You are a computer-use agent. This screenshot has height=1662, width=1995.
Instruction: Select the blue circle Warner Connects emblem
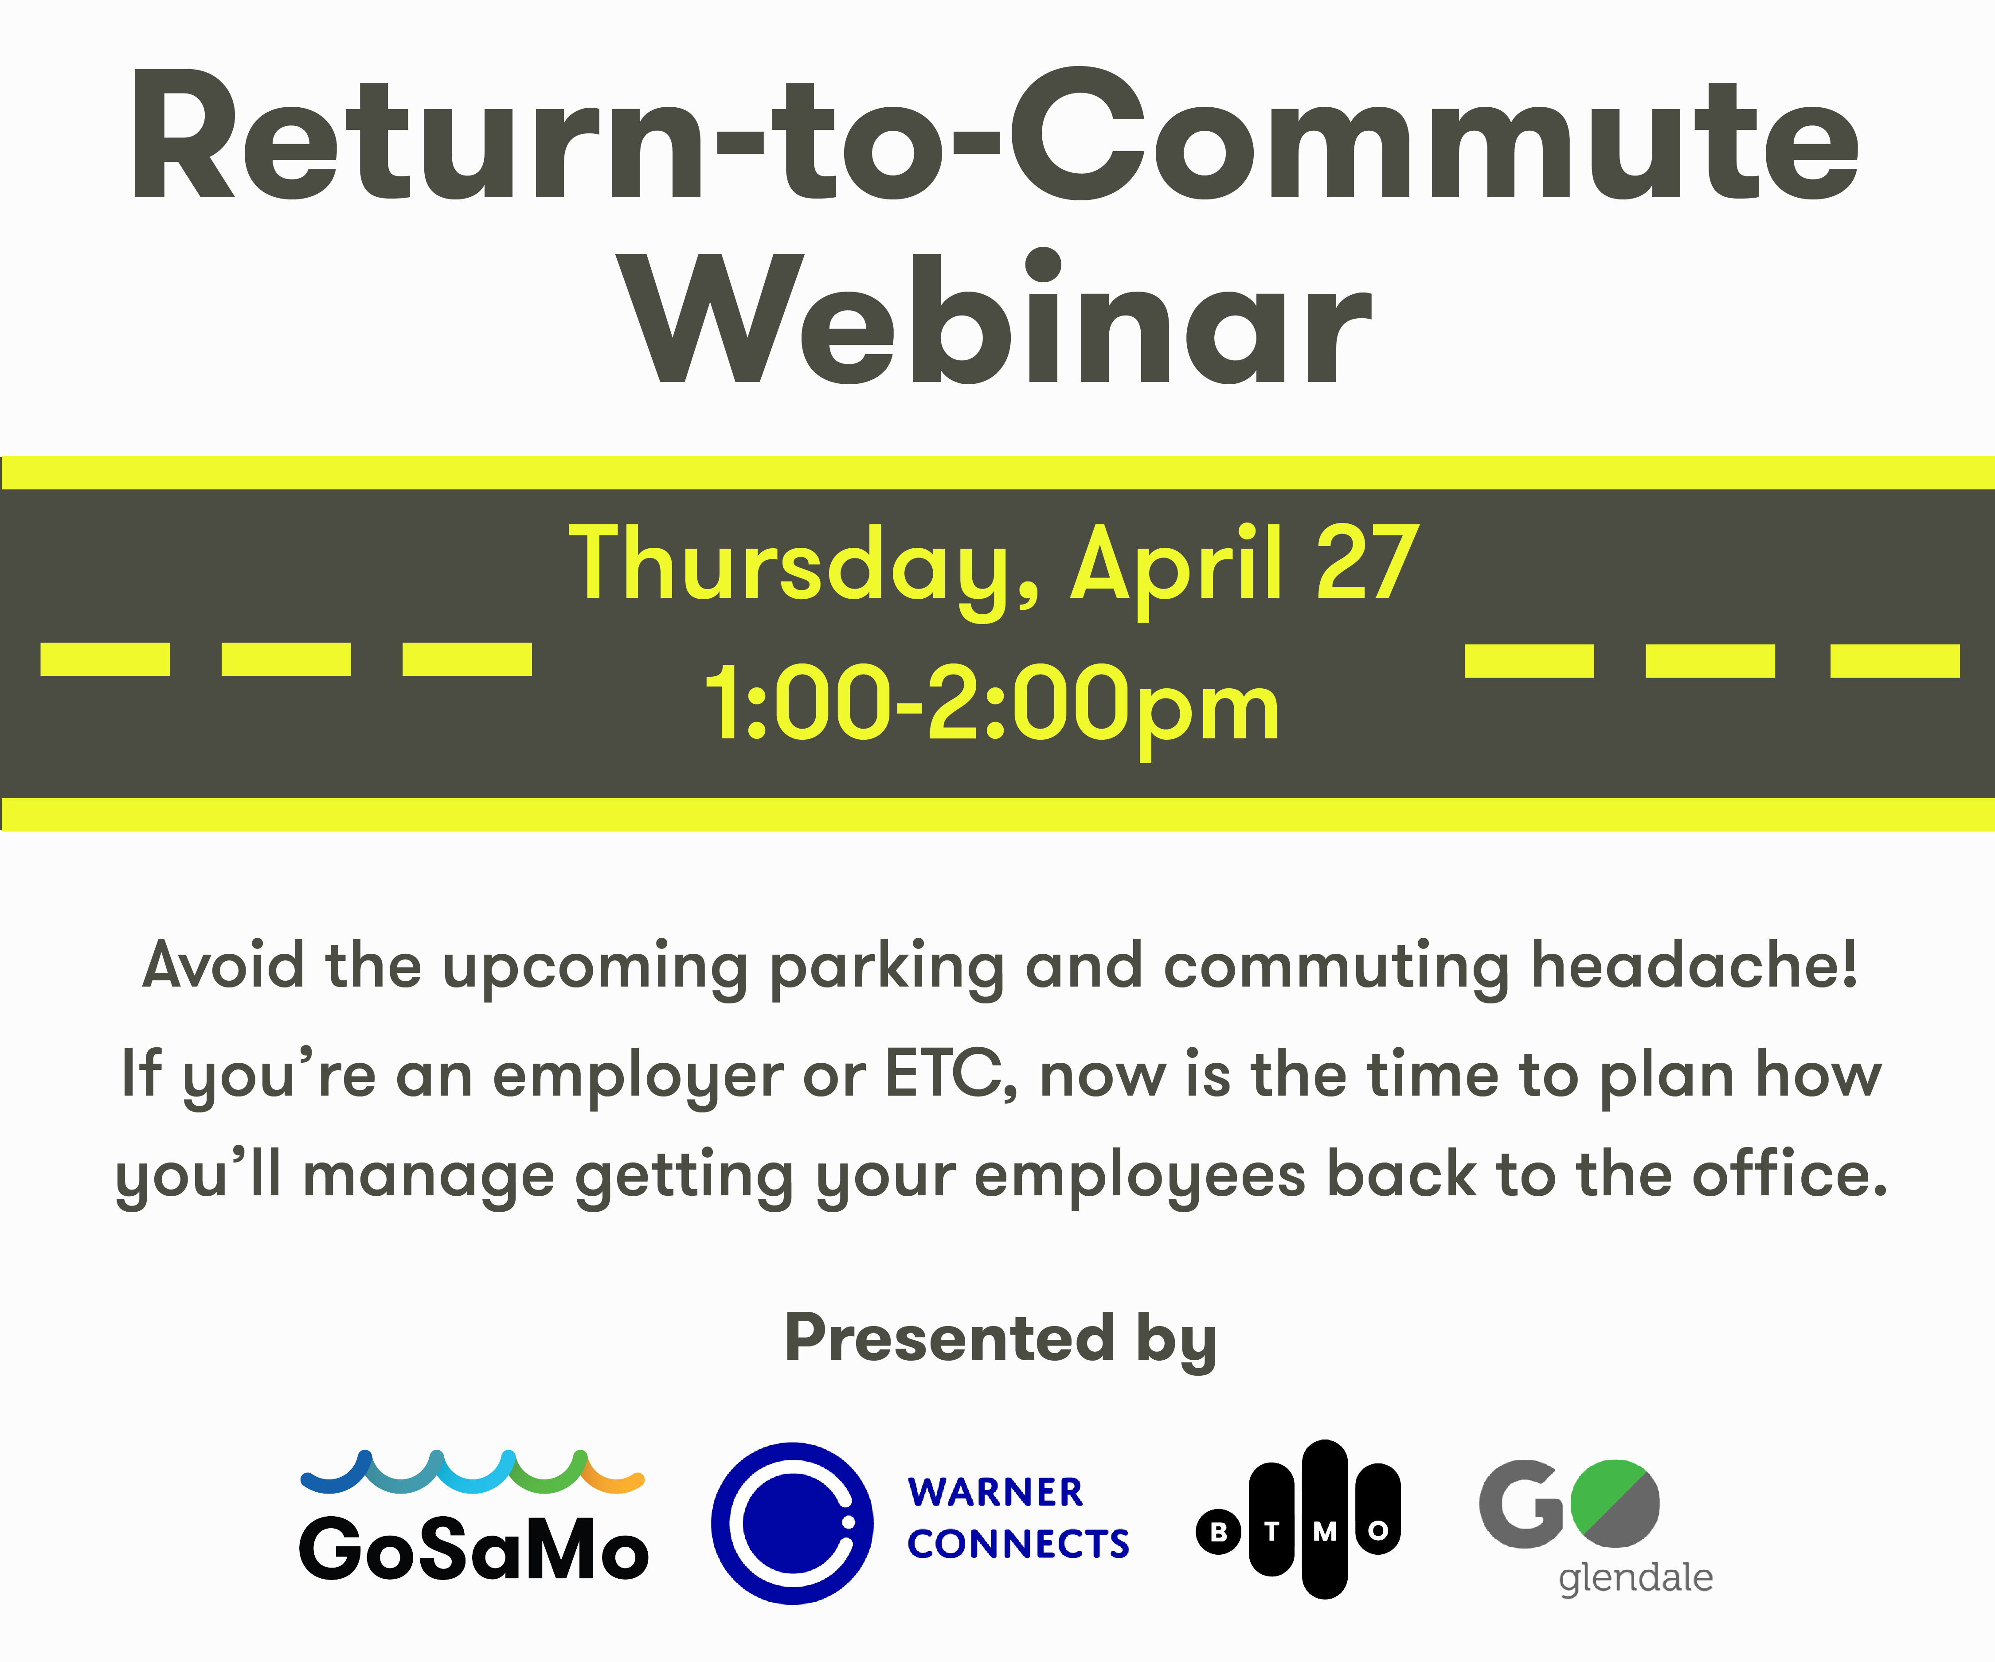coord(792,1523)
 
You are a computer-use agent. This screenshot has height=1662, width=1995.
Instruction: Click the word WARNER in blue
coord(995,1492)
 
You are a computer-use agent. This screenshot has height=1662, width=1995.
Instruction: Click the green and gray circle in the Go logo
coord(1615,1503)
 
